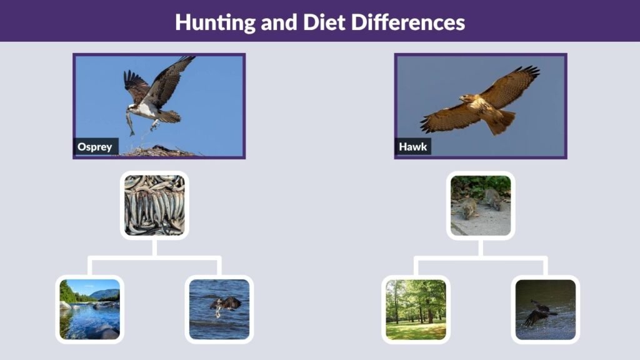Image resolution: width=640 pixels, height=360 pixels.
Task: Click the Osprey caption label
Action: point(95,147)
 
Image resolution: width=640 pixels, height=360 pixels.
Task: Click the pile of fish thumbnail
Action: point(154,205)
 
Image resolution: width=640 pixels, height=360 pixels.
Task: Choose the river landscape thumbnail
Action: point(89,309)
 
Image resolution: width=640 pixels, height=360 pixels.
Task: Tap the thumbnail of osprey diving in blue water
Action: point(219,309)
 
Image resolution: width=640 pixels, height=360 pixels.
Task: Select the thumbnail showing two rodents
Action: point(480,205)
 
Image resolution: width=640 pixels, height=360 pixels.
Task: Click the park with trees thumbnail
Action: point(416,309)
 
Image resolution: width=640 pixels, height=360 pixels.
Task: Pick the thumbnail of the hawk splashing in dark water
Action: point(545,309)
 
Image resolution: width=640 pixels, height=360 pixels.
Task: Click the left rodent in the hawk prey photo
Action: point(467,208)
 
